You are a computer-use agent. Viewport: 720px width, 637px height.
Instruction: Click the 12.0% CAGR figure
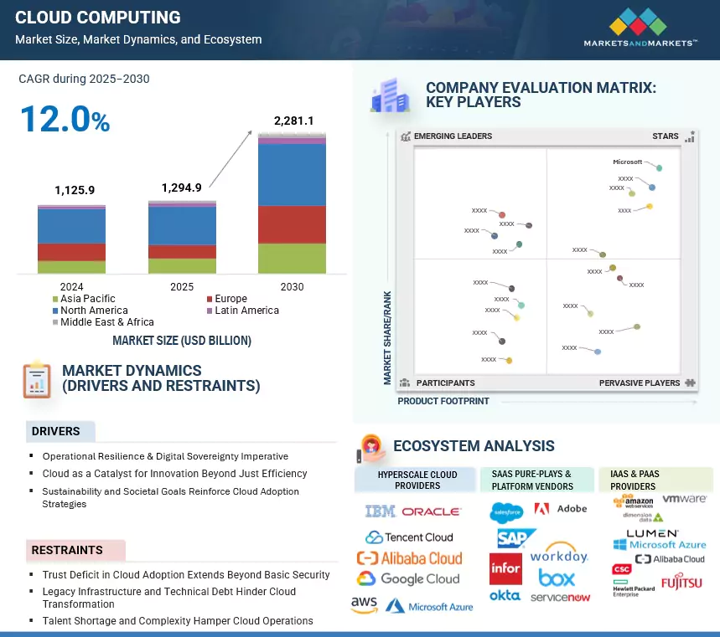coord(65,119)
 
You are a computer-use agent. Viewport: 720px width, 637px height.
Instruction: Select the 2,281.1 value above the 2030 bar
coord(293,121)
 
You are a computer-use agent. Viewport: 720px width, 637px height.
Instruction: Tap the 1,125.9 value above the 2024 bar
coord(75,191)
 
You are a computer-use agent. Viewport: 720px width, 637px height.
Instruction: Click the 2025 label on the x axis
coord(182,286)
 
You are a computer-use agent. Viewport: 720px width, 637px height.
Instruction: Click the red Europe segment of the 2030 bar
coord(292,224)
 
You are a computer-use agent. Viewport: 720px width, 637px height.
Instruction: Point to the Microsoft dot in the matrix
coord(660,168)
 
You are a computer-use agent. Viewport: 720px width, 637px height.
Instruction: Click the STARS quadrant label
coord(666,136)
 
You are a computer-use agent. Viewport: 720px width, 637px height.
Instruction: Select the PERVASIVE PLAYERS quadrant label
coord(640,383)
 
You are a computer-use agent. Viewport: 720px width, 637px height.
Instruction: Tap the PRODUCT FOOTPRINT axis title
coord(443,402)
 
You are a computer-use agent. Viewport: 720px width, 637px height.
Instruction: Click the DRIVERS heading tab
coord(56,432)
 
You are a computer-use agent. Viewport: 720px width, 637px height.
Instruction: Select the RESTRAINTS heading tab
coord(67,551)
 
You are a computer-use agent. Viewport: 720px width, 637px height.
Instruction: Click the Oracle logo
coord(431,511)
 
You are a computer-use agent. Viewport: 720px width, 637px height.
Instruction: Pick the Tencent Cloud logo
coord(409,537)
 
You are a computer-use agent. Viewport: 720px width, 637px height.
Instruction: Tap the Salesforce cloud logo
coord(506,510)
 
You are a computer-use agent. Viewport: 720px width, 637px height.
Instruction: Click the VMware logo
coord(684,499)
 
